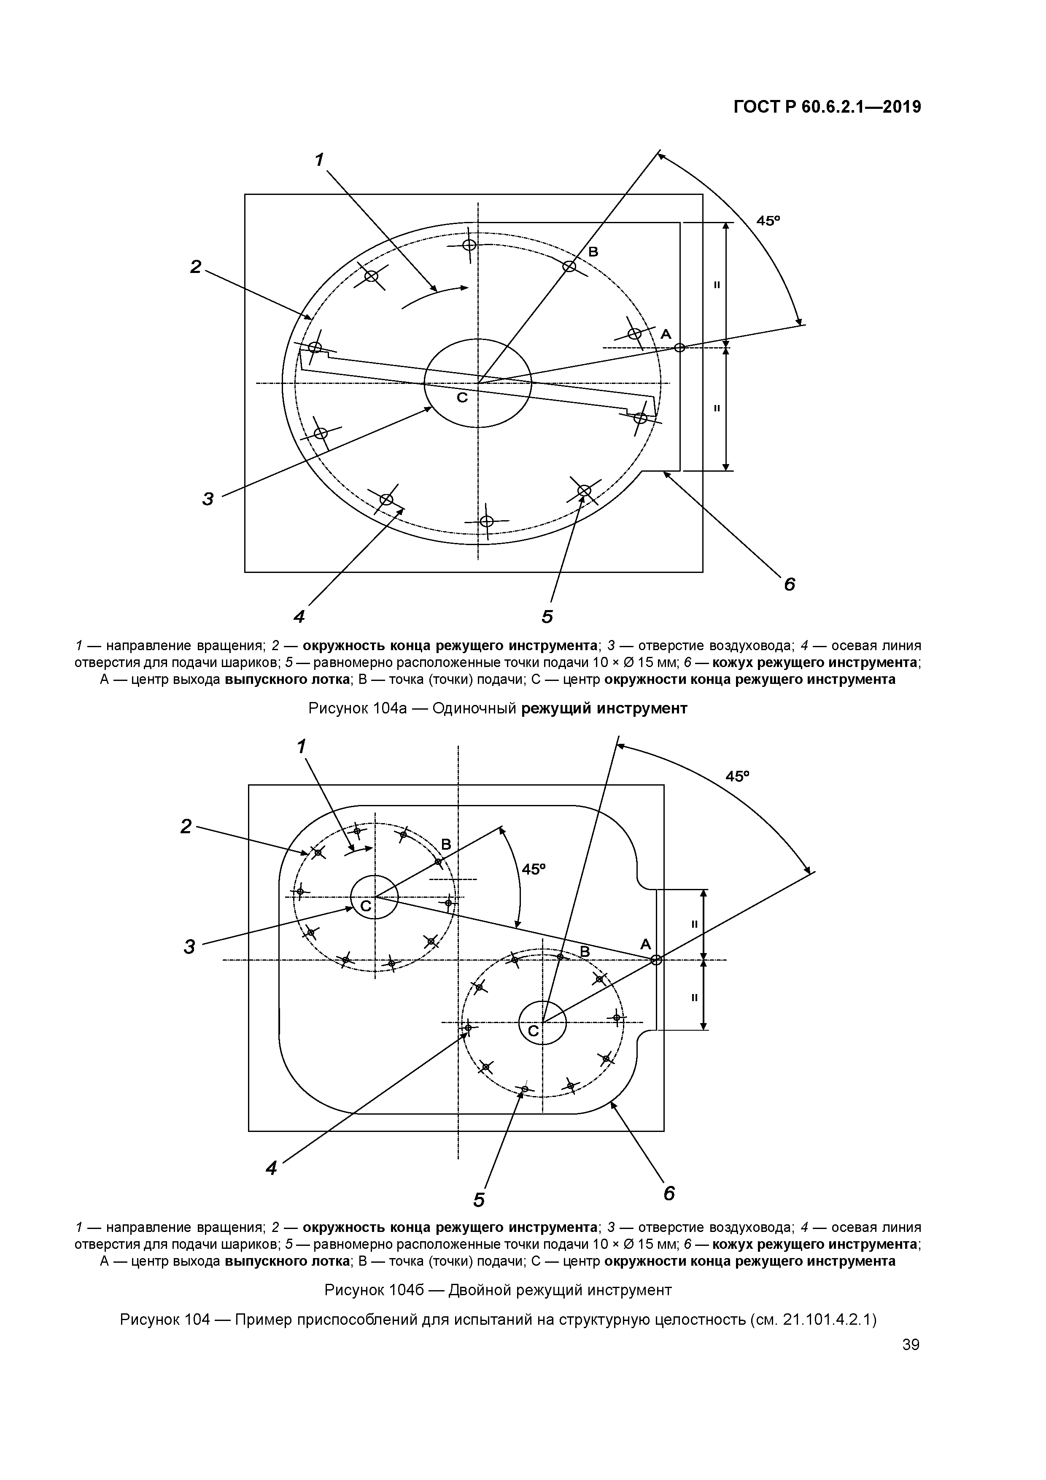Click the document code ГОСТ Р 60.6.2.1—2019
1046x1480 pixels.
coord(827,107)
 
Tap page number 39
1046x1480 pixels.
coord(911,1344)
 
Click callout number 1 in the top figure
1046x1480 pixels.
coord(318,159)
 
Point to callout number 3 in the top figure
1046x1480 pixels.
coord(208,498)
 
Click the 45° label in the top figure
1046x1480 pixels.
coord(768,221)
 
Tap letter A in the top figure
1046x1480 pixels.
coord(666,334)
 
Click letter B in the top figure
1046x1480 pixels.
coord(593,252)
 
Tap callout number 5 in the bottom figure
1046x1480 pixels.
coord(479,1199)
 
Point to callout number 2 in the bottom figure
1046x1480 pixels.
coord(186,826)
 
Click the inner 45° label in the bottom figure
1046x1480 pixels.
coord(533,870)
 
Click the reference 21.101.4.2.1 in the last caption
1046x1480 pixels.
coord(824,1320)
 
